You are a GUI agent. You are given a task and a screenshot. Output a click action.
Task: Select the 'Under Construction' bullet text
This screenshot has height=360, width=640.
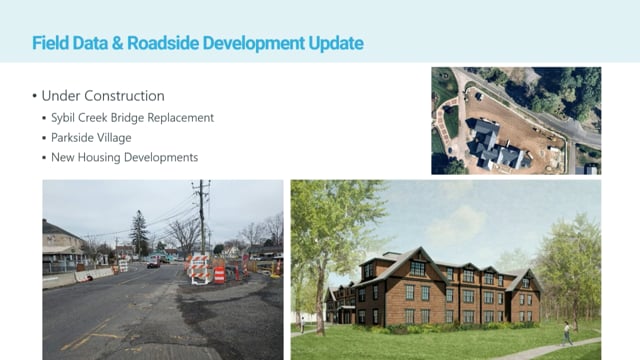tap(102, 96)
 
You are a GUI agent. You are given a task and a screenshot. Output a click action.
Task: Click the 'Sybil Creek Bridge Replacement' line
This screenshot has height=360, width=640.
tap(134, 118)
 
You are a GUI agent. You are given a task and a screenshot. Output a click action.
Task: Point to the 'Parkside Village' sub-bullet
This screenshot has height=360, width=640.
tap(95, 138)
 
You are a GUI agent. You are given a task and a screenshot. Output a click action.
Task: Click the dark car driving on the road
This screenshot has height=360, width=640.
tap(153, 264)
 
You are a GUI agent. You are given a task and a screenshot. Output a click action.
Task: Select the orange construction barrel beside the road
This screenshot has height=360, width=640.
tap(219, 273)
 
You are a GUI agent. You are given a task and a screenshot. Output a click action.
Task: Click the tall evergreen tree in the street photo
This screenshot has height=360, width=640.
tap(138, 235)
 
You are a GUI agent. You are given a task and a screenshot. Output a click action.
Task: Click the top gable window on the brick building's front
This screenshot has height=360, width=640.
tap(418, 267)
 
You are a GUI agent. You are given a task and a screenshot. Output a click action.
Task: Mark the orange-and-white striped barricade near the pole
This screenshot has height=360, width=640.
tap(197, 268)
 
